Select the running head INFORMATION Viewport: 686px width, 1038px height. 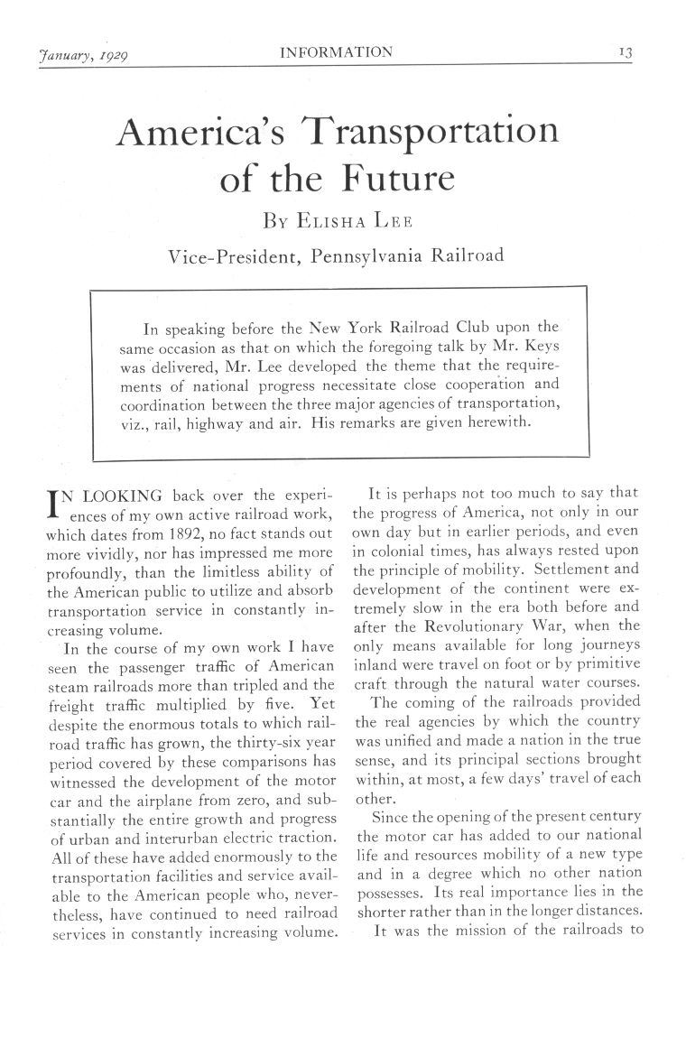[337, 51]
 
